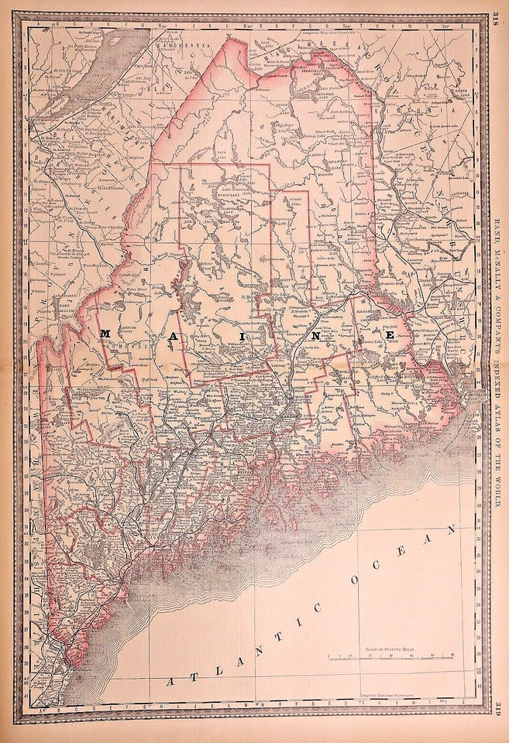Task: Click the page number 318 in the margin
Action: [495, 21]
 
